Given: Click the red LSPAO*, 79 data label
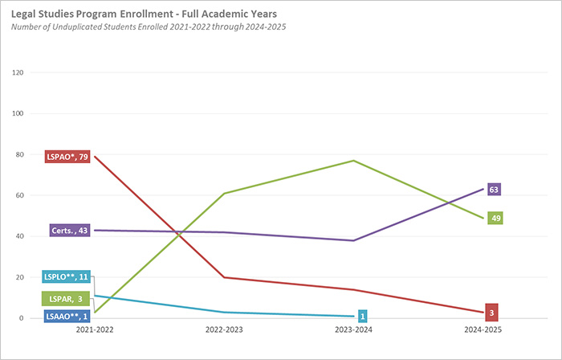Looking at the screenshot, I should click(67, 157).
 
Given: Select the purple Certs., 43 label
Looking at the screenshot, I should click(70, 231).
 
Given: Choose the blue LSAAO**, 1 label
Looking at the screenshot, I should click(65, 317).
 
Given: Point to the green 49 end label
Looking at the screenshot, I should click(495, 218).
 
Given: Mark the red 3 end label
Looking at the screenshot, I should click(492, 313).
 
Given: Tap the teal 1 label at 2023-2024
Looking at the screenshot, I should click(363, 316).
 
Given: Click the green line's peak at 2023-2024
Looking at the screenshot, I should click(354, 161).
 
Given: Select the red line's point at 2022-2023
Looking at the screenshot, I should click(225, 277).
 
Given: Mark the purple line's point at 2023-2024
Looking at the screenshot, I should click(354, 240).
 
